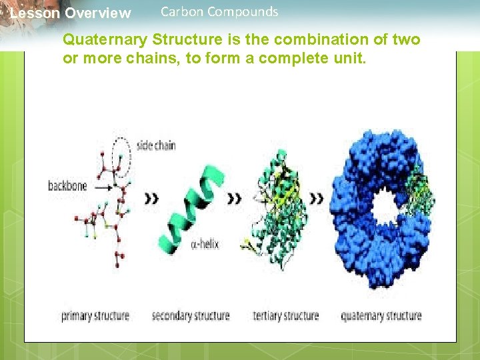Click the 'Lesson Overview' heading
point(71,13)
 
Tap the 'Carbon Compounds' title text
point(219,11)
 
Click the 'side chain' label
point(155,145)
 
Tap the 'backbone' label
point(67,186)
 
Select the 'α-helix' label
point(205,245)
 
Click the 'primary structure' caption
point(95,315)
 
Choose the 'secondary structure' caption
point(191,315)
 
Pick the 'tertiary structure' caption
point(285,315)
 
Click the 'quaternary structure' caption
point(381,315)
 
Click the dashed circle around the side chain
point(120,153)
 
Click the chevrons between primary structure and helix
point(151,198)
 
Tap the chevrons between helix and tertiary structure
point(235,198)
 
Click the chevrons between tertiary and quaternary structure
point(317,198)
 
